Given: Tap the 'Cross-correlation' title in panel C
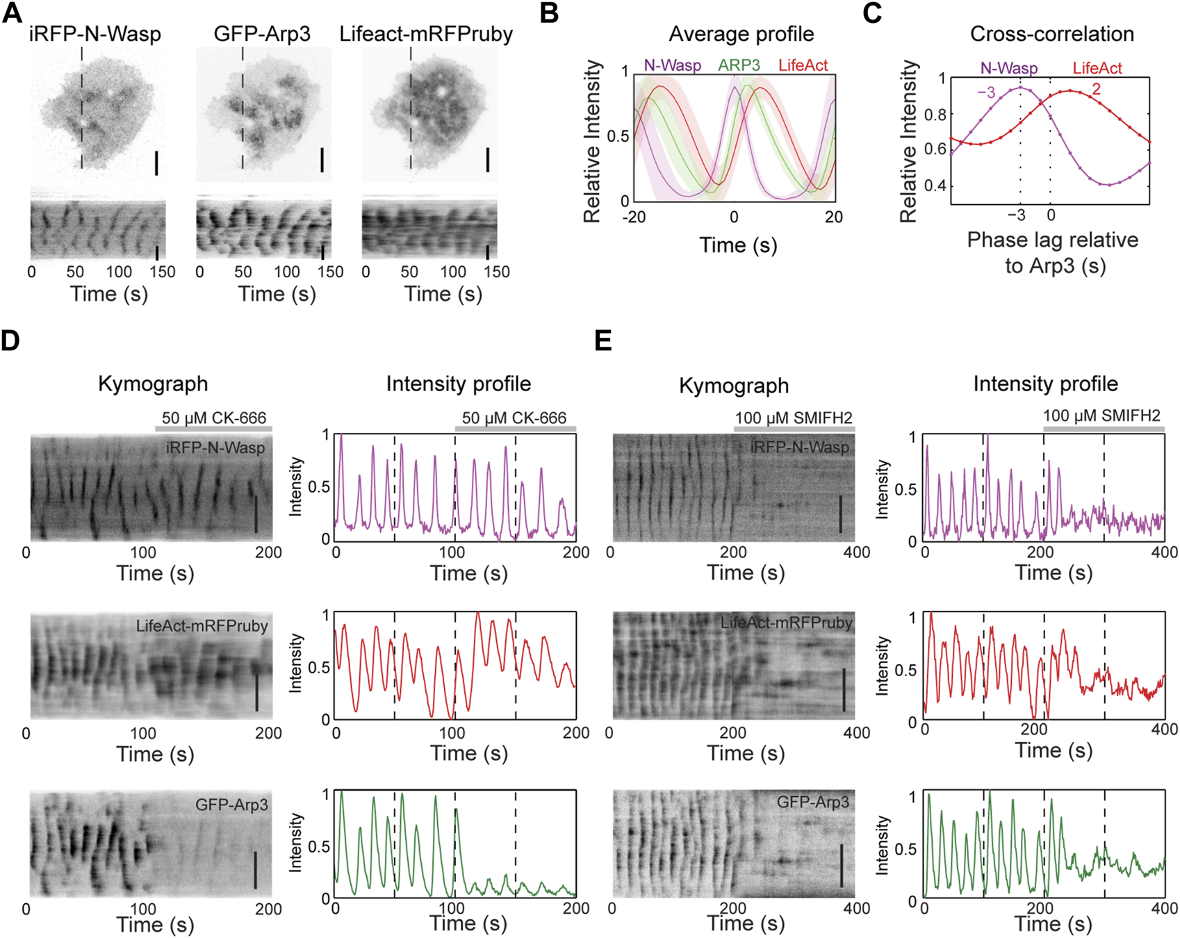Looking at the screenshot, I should [1051, 34].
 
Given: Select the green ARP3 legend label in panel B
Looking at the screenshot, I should [739, 65].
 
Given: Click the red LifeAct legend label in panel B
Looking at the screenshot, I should [803, 65].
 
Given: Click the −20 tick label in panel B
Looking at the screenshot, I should [634, 217].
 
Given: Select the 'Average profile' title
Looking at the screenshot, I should [741, 34].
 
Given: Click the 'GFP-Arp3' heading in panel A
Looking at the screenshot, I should [262, 34].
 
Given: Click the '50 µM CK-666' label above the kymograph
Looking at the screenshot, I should [214, 418].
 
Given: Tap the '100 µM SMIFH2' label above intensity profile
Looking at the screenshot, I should [1101, 415].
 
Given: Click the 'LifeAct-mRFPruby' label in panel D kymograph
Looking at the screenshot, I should [202, 626].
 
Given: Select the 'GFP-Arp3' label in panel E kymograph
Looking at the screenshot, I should [812, 802].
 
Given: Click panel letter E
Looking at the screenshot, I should [603, 341].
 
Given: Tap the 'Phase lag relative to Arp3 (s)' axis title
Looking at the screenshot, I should [1052, 252].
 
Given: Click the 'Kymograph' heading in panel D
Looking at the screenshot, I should [153, 384].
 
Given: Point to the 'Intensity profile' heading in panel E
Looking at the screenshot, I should [1045, 384].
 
